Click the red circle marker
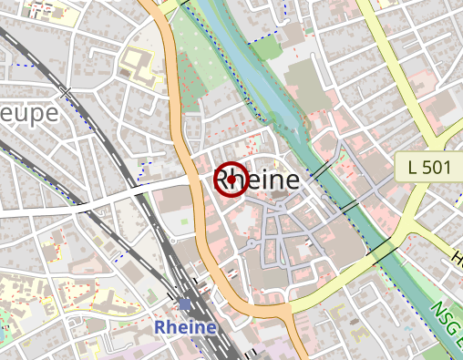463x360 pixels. [x=231, y=179]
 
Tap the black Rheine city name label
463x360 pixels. [x=257, y=180]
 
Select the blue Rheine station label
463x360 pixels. [x=186, y=326]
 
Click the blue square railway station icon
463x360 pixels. [x=186, y=303]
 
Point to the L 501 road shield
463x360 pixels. [x=424, y=167]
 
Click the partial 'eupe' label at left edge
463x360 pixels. [x=28, y=113]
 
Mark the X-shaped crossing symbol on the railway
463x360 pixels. [x=65, y=91]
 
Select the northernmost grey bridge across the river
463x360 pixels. [x=320, y=170]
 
